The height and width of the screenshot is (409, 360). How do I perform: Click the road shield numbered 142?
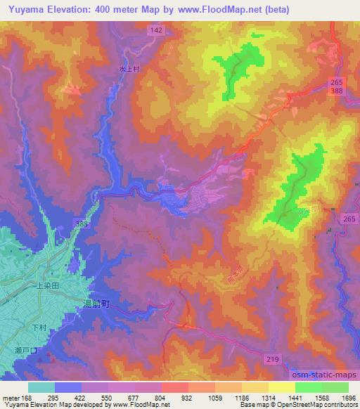[x=157, y=30]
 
